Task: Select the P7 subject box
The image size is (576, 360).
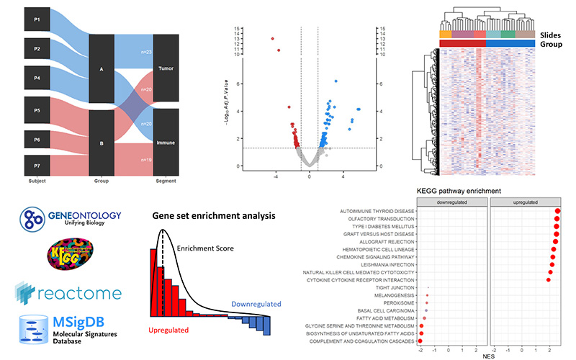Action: point(37,164)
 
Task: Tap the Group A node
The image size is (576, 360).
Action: point(101,70)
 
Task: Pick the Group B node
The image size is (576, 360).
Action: point(101,143)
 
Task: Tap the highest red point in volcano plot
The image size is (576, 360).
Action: point(273,39)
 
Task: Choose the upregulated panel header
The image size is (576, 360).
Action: point(526,202)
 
